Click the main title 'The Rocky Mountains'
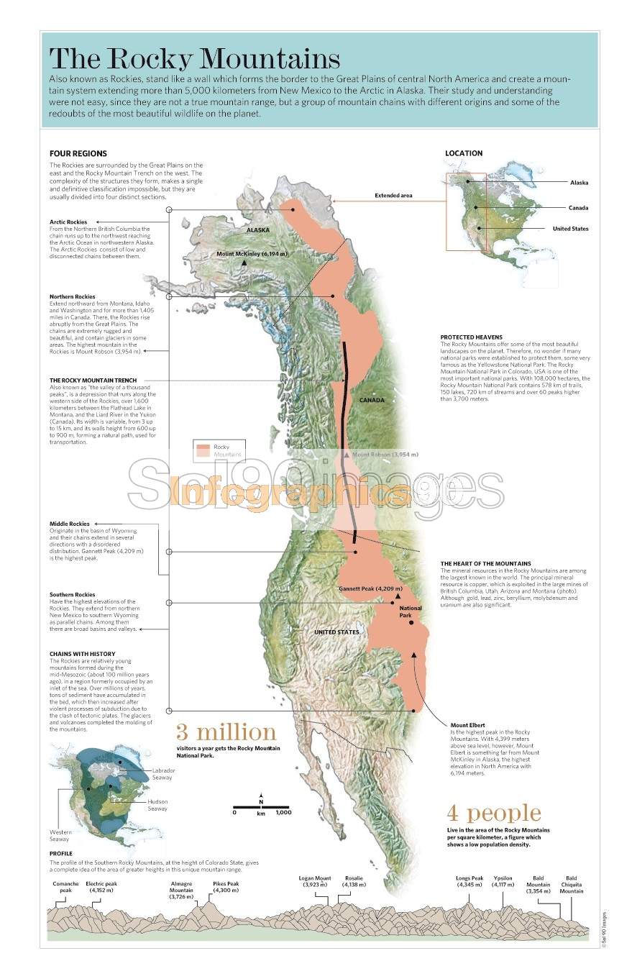[x=194, y=57]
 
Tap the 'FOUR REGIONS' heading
[x=78, y=153]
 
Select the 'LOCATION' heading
[x=463, y=153]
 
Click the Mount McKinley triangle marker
[x=244, y=263]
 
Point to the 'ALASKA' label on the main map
[x=257, y=230]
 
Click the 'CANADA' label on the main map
[x=372, y=400]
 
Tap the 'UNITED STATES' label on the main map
[x=336, y=632]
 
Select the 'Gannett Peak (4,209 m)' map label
[x=370, y=588]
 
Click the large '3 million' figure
[x=226, y=732]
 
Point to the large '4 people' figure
[x=493, y=813]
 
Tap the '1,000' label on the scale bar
[x=283, y=812]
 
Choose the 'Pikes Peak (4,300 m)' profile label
[x=225, y=887]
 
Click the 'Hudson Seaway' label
[x=157, y=805]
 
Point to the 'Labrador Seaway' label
[x=163, y=773]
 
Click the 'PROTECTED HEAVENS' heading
[x=471, y=337]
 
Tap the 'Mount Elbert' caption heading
[x=469, y=725]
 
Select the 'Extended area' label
[x=393, y=196]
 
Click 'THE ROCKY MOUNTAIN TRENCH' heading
[x=93, y=380]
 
